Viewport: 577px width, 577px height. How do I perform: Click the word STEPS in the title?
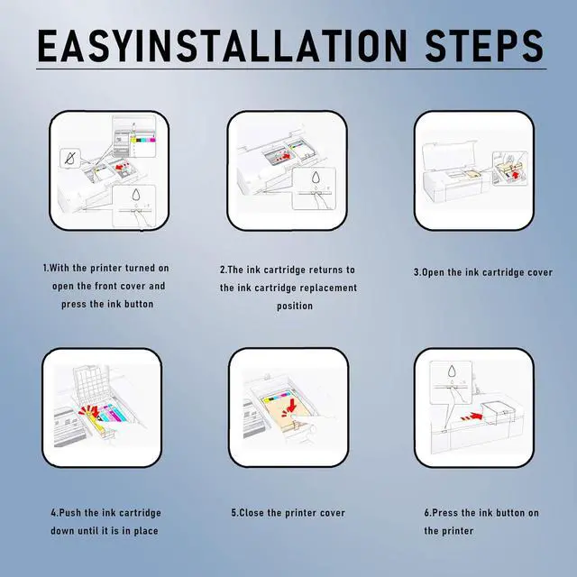pos(484,46)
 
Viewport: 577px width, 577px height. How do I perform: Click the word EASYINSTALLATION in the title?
pos(223,46)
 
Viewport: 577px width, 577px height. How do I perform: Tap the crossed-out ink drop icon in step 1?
pos(70,159)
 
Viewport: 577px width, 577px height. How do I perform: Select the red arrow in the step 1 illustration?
pos(121,167)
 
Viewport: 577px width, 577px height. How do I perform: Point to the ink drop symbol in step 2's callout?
pos(316,177)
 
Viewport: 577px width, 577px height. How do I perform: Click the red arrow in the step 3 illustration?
pos(516,175)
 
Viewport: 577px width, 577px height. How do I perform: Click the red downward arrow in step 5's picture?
pos(293,405)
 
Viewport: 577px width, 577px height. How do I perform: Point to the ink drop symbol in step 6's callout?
pos(452,371)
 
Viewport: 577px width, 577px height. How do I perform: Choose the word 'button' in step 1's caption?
pos(139,305)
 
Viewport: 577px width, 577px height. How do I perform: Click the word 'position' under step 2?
pos(295,307)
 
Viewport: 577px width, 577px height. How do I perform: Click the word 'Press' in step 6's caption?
pos(444,513)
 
